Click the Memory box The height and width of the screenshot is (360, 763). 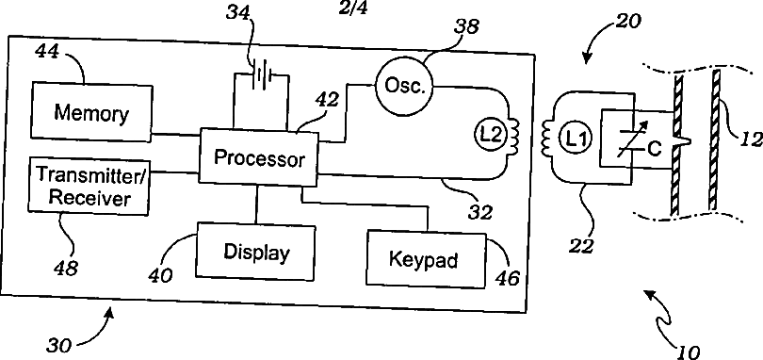[x=91, y=112]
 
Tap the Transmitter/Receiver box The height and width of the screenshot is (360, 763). [x=89, y=186]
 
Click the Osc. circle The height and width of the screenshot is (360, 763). [x=402, y=85]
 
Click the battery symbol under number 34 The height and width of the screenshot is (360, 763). [x=262, y=76]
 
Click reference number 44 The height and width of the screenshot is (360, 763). [x=49, y=53]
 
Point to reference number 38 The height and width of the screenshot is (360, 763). [x=466, y=26]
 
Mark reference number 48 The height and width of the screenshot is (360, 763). [x=66, y=267]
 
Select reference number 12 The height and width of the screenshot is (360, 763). [x=753, y=139]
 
